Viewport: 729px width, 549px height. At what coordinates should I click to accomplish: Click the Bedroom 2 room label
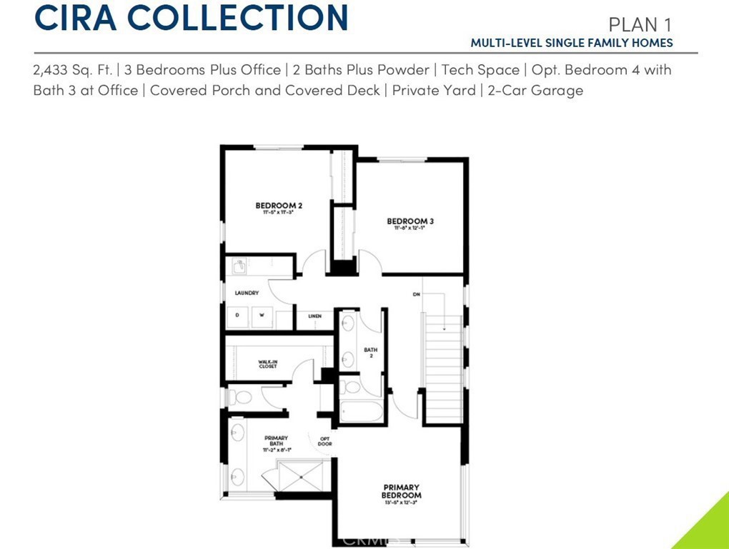click(279, 206)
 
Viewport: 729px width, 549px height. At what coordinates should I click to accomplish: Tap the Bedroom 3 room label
click(410, 221)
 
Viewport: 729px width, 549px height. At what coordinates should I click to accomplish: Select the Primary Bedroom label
click(400, 491)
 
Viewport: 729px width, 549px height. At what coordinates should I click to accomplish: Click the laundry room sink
click(239, 267)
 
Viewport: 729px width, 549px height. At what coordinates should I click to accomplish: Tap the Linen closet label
click(314, 316)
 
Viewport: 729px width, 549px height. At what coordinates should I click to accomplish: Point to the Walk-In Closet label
click(268, 364)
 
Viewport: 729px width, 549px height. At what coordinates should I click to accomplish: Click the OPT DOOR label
click(324, 441)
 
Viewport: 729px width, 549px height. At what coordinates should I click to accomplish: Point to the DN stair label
click(415, 293)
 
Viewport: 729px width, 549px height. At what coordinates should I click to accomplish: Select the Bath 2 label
click(370, 352)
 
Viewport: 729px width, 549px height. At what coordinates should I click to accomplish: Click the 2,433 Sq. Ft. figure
click(73, 70)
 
